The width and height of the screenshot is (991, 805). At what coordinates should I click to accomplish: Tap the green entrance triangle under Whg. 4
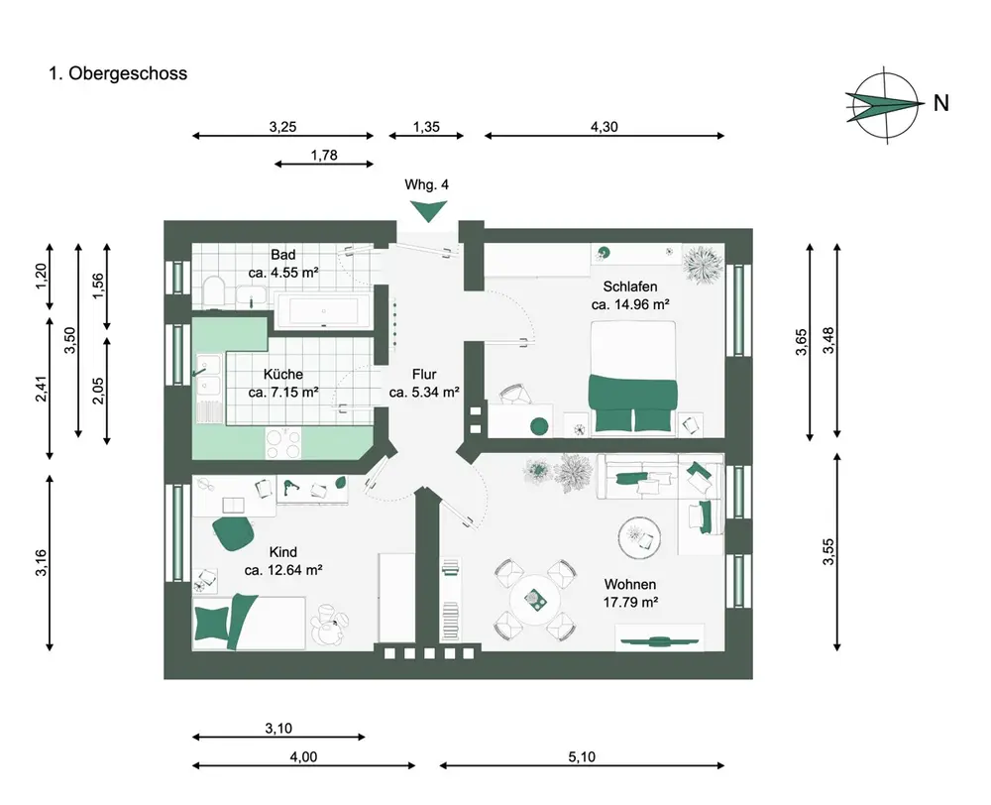click(x=429, y=209)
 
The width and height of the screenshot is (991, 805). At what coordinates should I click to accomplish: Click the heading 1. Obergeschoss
click(x=118, y=73)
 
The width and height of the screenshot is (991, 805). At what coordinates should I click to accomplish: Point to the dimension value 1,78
click(x=324, y=155)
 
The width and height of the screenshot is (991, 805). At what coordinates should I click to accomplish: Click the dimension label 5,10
click(x=582, y=756)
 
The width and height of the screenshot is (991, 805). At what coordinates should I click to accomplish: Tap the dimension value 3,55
click(x=828, y=552)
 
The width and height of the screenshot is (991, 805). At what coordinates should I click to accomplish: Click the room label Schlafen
click(x=630, y=287)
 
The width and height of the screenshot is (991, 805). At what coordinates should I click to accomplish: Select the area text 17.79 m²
click(x=630, y=602)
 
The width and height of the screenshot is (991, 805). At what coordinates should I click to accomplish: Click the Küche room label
click(x=283, y=375)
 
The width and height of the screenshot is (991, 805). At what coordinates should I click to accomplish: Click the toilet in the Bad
click(x=213, y=291)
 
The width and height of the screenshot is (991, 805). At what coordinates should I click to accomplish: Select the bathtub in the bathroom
click(x=323, y=311)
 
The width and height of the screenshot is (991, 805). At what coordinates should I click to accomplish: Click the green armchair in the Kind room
click(x=234, y=532)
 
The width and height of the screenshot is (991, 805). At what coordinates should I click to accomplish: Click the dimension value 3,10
click(x=278, y=729)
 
